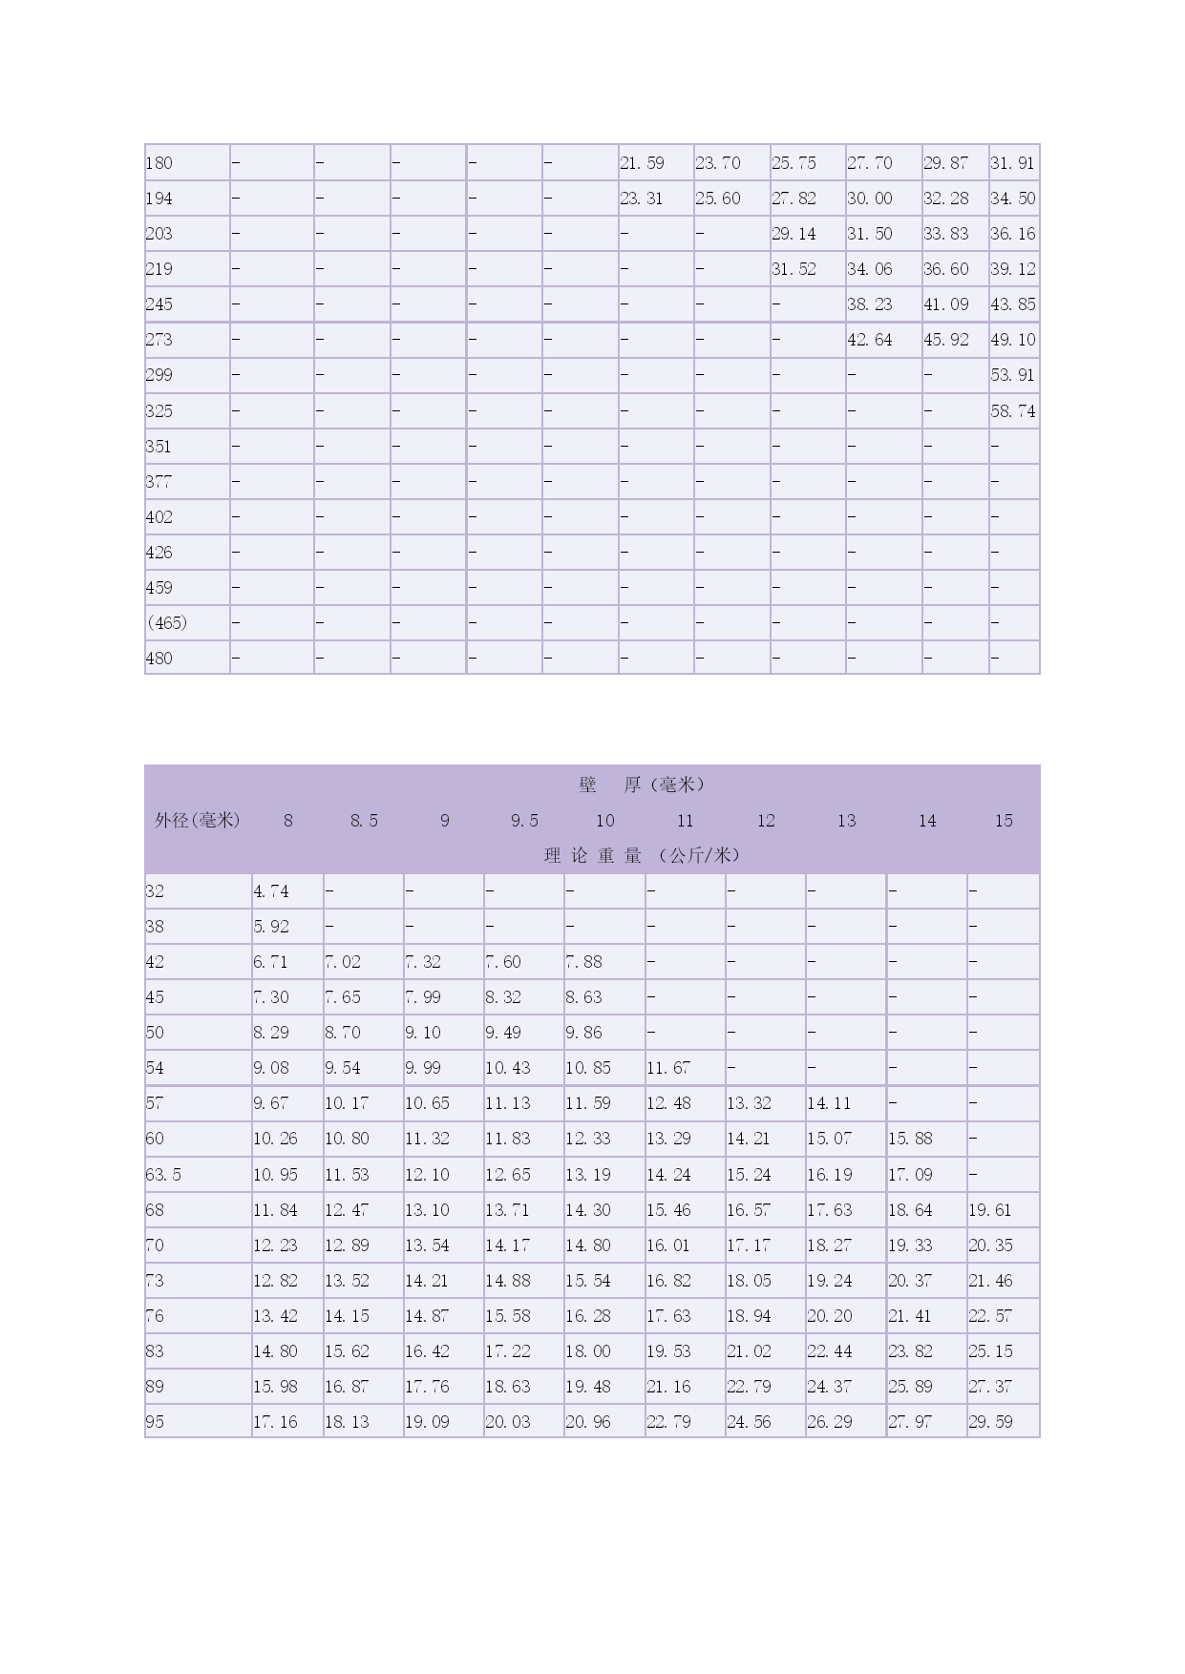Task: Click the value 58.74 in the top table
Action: click(1012, 411)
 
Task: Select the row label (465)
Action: click(167, 623)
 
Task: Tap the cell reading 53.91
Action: click(1012, 375)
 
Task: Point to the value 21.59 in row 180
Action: click(642, 163)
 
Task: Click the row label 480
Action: click(159, 659)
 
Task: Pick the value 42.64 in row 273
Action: click(869, 340)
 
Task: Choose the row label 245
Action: click(159, 304)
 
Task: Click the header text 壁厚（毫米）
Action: click(641, 785)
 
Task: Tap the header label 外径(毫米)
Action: click(198, 821)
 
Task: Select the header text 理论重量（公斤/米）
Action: click(641, 856)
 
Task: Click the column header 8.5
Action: click(364, 821)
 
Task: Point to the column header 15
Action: click(1004, 821)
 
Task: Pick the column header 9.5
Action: click(524, 821)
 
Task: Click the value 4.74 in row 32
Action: click(271, 891)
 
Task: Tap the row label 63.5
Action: click(163, 1175)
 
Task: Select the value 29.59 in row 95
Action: click(990, 1422)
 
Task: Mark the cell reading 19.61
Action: click(990, 1210)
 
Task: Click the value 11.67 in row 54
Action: click(668, 1068)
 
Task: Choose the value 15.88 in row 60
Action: click(910, 1139)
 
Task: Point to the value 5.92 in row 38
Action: click(271, 927)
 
